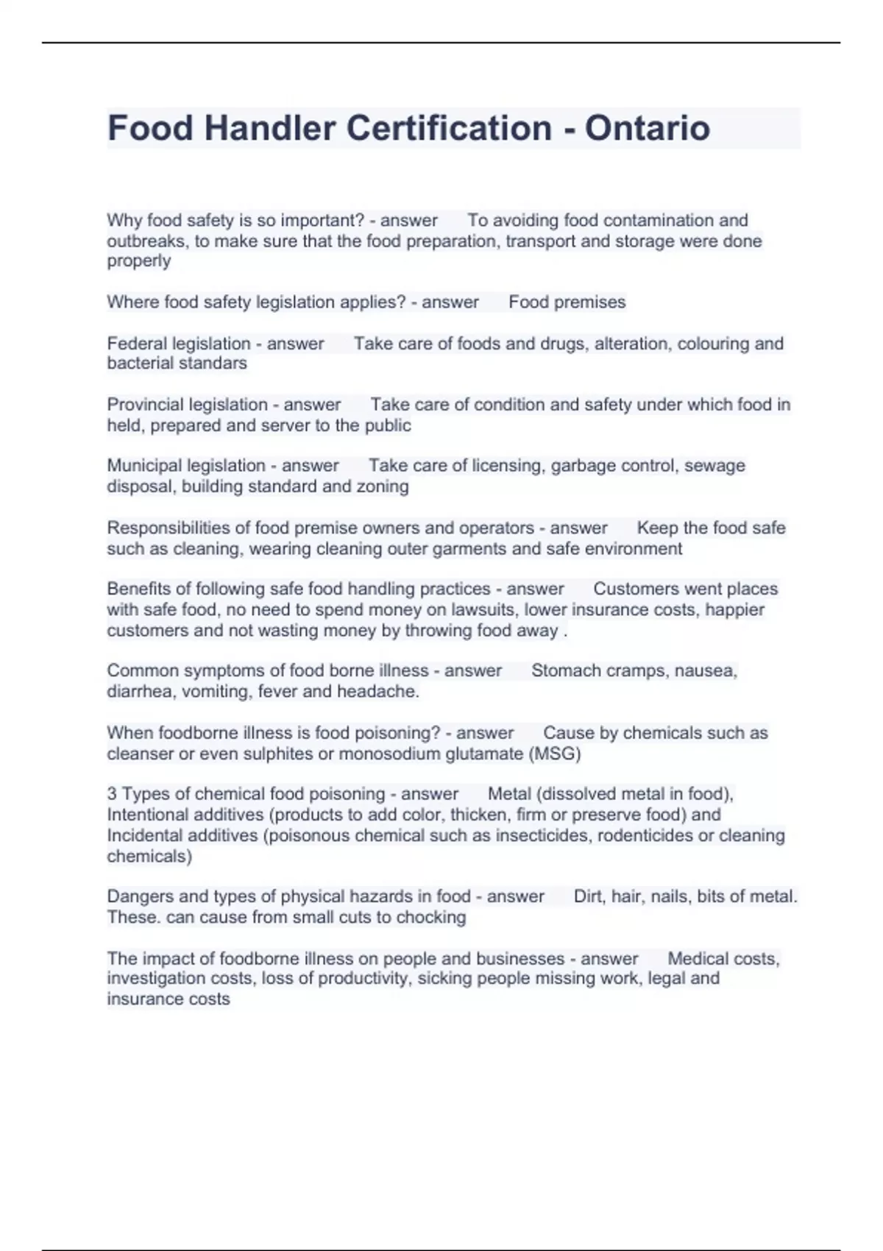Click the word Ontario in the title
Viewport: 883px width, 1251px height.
647,128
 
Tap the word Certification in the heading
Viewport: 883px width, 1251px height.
449,128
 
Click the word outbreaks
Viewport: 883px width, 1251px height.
146,241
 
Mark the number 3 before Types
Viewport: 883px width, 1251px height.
112,794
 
